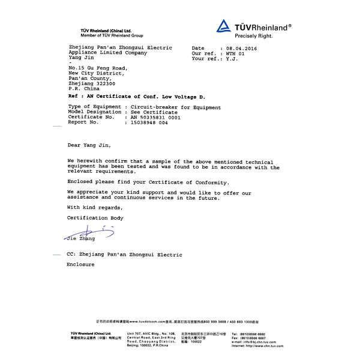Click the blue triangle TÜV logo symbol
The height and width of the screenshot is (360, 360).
(223, 25)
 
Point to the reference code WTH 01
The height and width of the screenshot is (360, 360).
(235, 53)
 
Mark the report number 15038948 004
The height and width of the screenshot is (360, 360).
(146, 122)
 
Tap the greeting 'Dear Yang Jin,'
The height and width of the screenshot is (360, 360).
(89, 145)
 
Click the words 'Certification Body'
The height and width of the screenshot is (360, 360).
(95, 218)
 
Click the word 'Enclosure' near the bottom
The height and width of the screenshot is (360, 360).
(80, 265)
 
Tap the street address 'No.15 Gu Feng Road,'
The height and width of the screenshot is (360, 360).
(98, 68)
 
